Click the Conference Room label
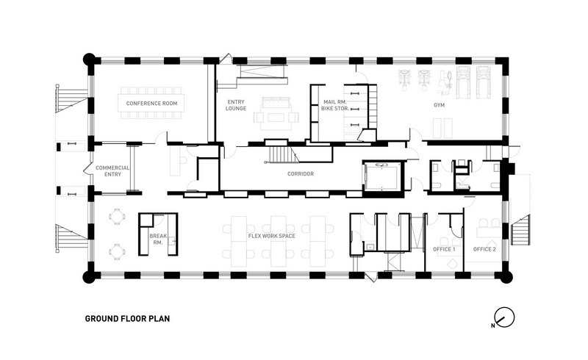[151, 104]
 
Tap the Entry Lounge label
[235, 105]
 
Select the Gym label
[439, 105]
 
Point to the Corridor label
[301, 174]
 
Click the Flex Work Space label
[272, 236]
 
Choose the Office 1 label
[444, 249]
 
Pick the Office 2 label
[484, 249]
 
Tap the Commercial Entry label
[112, 171]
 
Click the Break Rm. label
[158, 240]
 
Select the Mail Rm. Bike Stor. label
[335, 105]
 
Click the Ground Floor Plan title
[127, 319]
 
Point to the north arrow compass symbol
[503, 317]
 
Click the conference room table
[150, 103]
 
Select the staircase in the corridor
[282, 154]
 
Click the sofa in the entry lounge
[276, 102]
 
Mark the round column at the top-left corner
[89, 60]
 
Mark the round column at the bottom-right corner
[506, 277]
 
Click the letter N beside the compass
[492, 325]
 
